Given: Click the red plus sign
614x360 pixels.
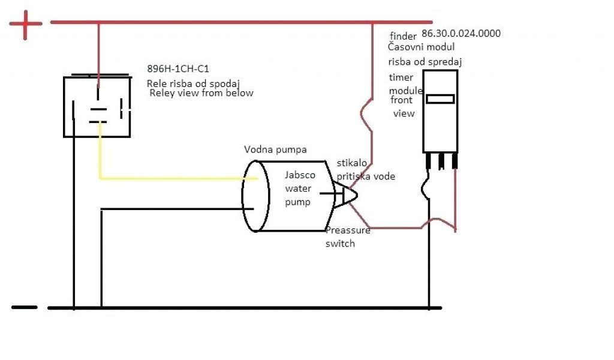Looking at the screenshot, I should (25, 25).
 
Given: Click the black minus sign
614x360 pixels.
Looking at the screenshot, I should (24, 307).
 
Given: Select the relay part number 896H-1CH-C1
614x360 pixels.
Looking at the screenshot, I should (178, 68).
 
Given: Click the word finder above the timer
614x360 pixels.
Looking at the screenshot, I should (403, 35).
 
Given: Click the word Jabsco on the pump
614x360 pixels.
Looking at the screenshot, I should (299, 175).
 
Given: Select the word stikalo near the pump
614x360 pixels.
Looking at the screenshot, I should (352, 163).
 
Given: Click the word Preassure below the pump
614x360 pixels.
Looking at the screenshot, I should (348, 230).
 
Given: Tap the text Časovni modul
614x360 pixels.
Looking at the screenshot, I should (422, 47).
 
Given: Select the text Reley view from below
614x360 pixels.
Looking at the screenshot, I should (201, 93).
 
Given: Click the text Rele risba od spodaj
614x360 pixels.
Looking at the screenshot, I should (193, 83).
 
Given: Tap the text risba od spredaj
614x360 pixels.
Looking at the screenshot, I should (425, 61).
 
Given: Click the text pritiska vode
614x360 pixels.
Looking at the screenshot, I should (366, 176).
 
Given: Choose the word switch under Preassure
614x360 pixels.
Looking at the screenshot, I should (341, 244).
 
